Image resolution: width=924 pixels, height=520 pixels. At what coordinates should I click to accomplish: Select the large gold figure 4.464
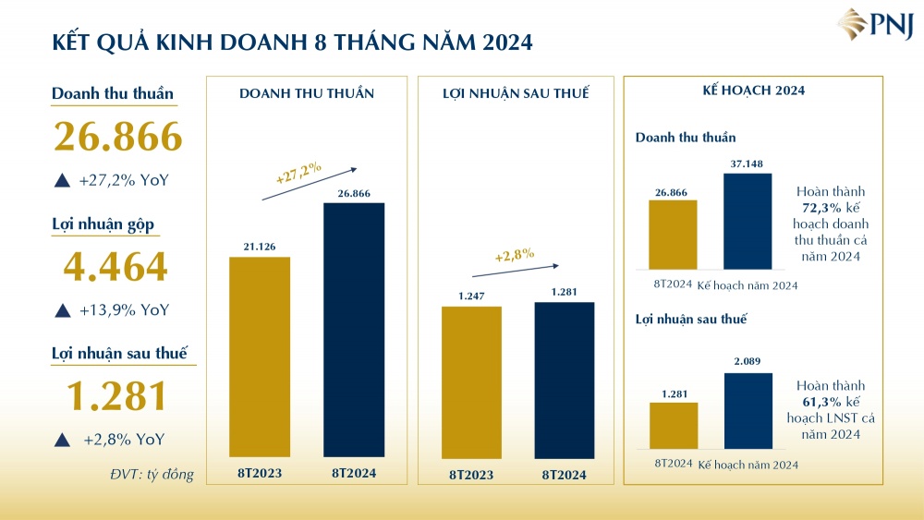coord(115,267)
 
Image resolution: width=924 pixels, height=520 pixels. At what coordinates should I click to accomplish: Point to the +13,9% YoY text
coord(124,310)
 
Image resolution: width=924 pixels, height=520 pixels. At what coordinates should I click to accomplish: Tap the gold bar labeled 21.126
coord(260,357)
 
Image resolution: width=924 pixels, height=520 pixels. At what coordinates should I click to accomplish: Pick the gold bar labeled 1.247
coord(471,381)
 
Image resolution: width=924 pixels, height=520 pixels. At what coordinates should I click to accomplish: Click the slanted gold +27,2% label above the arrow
coord(298,173)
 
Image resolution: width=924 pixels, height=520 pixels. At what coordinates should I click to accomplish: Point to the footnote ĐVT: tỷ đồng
coord(152,475)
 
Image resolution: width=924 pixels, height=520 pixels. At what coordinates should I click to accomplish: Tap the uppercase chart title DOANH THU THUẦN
coord(307,93)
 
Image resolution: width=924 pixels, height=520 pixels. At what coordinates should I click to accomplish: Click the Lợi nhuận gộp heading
coord(105,225)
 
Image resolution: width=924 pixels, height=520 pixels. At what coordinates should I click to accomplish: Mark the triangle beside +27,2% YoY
coord(62,181)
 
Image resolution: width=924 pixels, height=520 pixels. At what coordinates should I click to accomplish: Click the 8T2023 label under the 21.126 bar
coord(259,474)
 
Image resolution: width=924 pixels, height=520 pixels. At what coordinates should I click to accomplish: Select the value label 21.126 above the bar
coord(260,246)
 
